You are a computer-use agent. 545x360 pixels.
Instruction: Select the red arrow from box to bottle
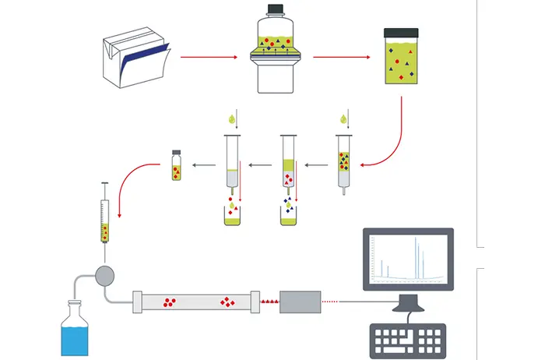click(x=208, y=57)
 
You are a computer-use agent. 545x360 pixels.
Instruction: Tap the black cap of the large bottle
click(x=275, y=11)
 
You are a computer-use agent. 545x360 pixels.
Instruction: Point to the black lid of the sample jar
click(x=401, y=32)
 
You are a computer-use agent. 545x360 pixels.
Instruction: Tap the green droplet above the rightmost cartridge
click(x=343, y=119)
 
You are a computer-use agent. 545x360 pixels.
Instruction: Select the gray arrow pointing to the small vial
click(x=205, y=165)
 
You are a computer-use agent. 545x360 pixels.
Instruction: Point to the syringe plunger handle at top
click(x=104, y=183)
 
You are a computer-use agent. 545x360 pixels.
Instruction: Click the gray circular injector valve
click(x=104, y=274)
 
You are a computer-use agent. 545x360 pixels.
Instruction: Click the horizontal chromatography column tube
click(x=195, y=301)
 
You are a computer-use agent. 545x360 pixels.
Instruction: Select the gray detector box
click(x=301, y=301)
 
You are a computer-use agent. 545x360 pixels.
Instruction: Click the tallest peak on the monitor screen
click(x=415, y=257)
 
